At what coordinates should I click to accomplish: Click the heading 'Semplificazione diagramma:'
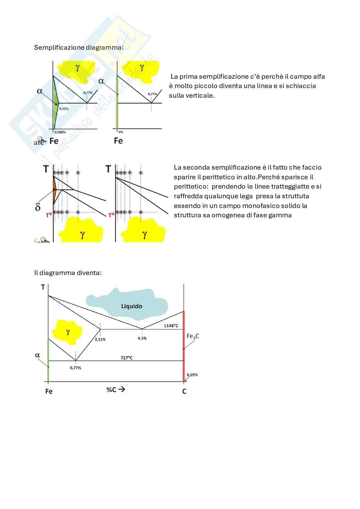point(78,47)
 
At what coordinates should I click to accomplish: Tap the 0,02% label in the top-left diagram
point(64,109)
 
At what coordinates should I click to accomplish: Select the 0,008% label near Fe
point(60,132)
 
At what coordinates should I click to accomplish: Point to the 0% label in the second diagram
point(120,132)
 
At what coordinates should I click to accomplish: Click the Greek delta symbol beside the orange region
point(38,207)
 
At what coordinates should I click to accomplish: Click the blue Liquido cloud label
point(131,306)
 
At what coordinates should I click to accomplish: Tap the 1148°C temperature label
point(171,326)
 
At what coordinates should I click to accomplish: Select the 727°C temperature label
point(126,357)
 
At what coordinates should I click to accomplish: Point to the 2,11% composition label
point(100,339)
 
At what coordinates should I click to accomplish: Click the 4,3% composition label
point(142,338)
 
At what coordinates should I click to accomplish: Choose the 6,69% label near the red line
point(192,375)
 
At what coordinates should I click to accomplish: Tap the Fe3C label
point(193,336)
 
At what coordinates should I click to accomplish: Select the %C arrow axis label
point(115,389)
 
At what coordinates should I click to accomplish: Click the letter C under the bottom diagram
point(184,391)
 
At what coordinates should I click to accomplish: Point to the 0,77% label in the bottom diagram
point(75,368)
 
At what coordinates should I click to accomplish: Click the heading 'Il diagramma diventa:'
point(68,273)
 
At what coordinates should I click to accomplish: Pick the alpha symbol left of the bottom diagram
point(37,355)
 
